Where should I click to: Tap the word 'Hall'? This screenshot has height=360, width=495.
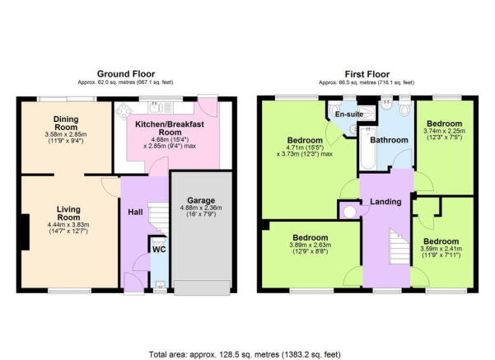click(136, 212)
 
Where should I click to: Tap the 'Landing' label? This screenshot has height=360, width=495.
click(385, 201)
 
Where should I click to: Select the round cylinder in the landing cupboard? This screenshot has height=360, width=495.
click(349, 211)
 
